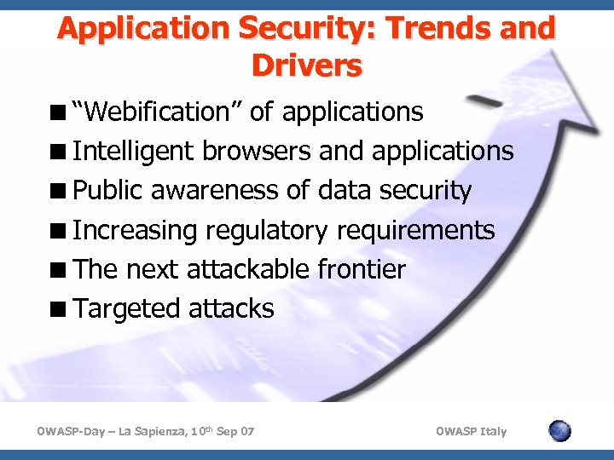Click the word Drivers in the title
tap(307, 65)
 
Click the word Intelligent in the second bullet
tap(135, 151)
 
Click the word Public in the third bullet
tap(108, 190)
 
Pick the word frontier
tap(362, 269)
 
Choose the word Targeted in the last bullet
tap(123, 308)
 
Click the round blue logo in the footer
tap(559, 431)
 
